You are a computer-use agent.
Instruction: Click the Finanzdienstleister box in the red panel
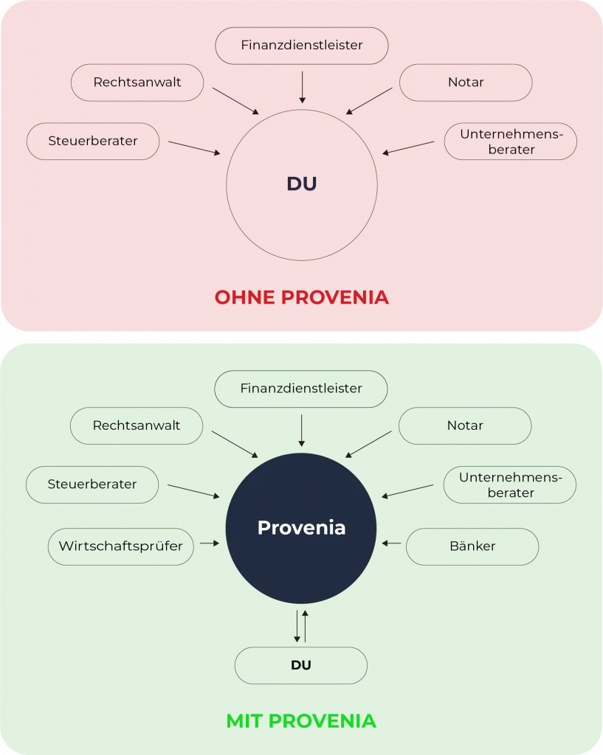click(301, 45)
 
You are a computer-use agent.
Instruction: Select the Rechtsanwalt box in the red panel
click(137, 83)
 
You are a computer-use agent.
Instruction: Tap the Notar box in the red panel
click(465, 83)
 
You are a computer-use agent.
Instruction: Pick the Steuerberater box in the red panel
click(93, 141)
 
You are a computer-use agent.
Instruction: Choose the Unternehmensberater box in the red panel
click(510, 141)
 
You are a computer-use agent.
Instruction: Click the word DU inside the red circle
click(301, 184)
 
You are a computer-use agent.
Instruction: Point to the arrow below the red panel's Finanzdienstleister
click(302, 86)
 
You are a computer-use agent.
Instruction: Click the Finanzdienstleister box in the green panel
click(301, 389)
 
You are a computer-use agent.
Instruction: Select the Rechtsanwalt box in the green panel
click(137, 425)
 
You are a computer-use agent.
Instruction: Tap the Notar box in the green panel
click(465, 425)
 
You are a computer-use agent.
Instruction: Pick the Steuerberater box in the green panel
click(92, 484)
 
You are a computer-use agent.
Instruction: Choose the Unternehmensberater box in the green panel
click(510, 484)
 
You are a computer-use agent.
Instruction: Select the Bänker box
click(472, 546)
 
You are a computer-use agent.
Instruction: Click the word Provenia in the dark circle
click(301, 528)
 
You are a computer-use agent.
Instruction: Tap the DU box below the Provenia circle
click(301, 665)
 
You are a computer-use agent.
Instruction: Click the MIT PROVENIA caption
click(301, 720)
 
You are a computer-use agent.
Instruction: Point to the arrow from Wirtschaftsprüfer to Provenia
click(210, 543)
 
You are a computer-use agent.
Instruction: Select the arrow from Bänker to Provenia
click(392, 543)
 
